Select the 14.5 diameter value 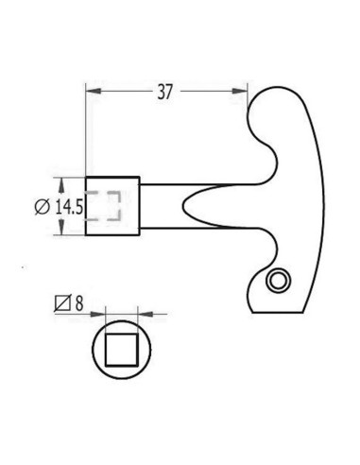click(70, 206)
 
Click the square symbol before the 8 click(63, 303)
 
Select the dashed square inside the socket click(106, 206)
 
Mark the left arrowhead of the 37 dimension click(92, 92)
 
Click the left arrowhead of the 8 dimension click(98, 313)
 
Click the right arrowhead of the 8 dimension click(143, 313)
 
